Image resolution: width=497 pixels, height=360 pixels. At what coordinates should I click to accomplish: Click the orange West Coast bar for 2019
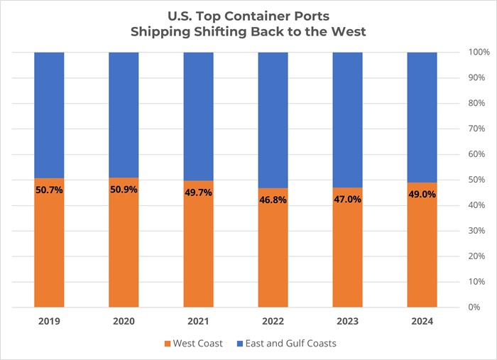(49, 249)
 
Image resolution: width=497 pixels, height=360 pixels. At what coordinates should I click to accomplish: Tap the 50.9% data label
(124, 190)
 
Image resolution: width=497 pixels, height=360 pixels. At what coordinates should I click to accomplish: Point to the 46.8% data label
(273, 201)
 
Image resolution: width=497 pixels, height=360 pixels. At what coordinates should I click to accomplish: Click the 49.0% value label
(422, 196)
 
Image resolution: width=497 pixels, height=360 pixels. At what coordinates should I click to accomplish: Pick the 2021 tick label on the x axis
(198, 321)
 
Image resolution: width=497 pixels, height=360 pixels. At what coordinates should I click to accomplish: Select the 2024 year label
(422, 321)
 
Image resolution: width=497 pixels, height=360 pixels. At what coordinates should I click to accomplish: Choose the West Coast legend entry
(198, 344)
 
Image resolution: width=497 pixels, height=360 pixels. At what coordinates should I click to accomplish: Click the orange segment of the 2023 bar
(347, 256)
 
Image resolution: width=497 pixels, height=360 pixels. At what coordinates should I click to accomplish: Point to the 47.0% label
(347, 200)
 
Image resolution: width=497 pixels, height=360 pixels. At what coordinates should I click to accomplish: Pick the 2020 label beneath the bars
(124, 321)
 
